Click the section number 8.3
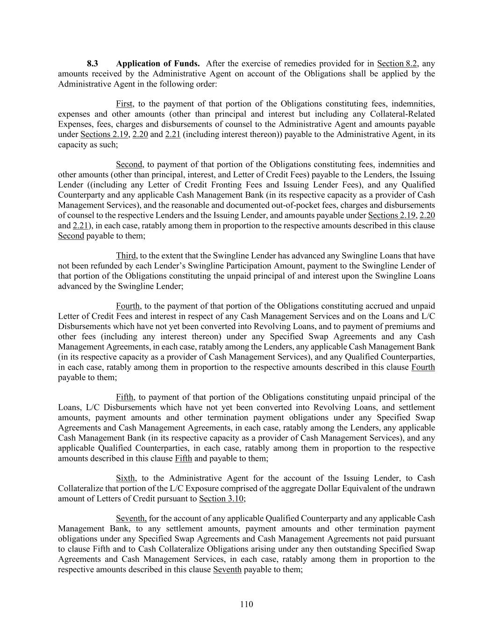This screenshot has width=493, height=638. [x=93, y=64]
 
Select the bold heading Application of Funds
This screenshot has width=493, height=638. [x=158, y=64]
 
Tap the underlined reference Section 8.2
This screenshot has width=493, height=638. [x=396, y=64]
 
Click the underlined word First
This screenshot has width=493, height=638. [x=124, y=104]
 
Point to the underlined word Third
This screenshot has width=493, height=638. [x=126, y=256]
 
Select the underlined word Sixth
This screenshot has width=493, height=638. [x=125, y=478]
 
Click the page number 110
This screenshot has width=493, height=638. [x=246, y=604]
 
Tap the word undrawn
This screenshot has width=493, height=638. [x=421, y=488]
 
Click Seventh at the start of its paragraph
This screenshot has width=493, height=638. [x=131, y=518]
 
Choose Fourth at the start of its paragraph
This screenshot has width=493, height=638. [x=128, y=306]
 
